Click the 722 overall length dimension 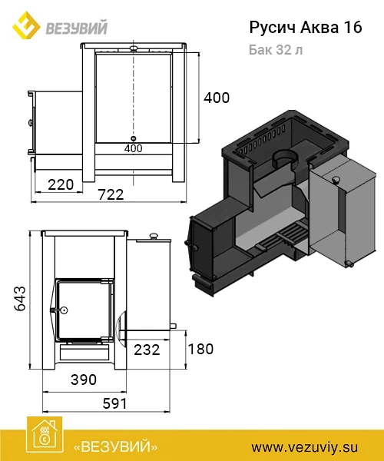[x=111, y=194]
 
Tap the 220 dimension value [x=61, y=185]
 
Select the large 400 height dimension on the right [x=217, y=98]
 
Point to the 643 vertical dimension [x=20, y=298]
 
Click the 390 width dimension [x=84, y=380]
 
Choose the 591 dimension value [x=115, y=403]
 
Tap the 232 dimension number [x=147, y=350]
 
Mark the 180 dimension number [x=200, y=349]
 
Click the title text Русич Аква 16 [x=306, y=28]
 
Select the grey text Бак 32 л [x=276, y=50]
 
